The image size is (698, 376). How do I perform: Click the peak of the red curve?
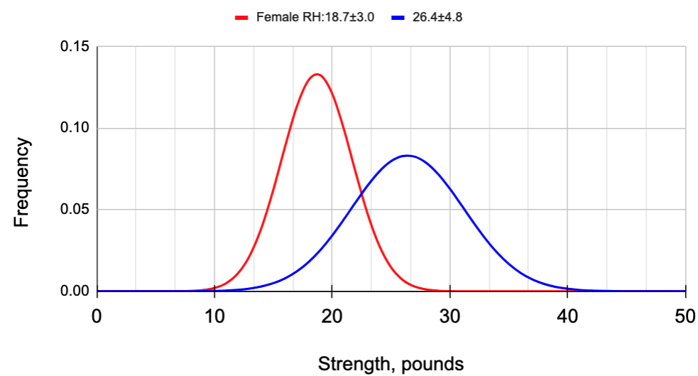click(317, 74)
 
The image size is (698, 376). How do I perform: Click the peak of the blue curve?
click(408, 156)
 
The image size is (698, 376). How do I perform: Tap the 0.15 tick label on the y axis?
click(73, 47)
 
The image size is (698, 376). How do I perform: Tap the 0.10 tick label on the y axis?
click(73, 129)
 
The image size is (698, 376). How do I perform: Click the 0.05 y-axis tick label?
click(73, 210)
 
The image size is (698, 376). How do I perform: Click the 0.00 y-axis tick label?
click(73, 291)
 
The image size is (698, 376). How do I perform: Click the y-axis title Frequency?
click(22, 183)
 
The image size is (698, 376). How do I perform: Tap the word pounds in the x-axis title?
click(432, 365)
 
